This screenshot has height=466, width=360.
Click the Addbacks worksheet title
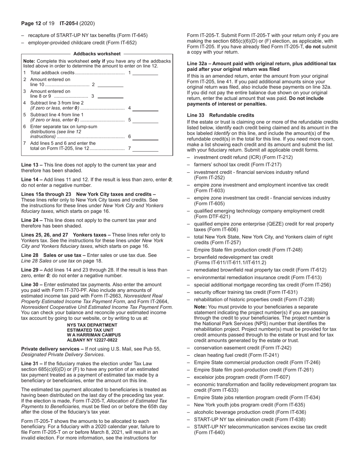pyautogui.click(x=97, y=54)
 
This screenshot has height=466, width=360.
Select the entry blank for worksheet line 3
pyautogui.click(x=111, y=97)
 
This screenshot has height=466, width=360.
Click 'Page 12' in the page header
pyautogui.click(x=31, y=23)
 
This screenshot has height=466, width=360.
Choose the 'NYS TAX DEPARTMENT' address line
pyautogui.click(x=92, y=325)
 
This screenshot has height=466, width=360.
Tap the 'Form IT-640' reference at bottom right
pyautogui.click(x=210, y=432)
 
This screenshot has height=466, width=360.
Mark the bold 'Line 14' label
pyautogui.click(x=31, y=180)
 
